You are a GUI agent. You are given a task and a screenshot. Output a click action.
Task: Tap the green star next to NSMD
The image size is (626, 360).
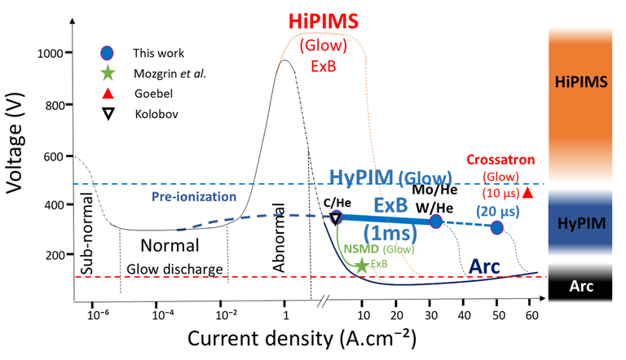362,265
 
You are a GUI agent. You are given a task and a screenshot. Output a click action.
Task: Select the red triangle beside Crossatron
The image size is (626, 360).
527,193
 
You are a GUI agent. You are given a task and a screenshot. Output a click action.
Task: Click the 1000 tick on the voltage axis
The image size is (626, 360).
51,54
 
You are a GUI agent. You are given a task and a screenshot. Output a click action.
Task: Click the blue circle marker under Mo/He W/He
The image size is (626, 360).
436,221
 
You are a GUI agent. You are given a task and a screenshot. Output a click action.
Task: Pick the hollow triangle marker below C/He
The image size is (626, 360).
336,218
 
